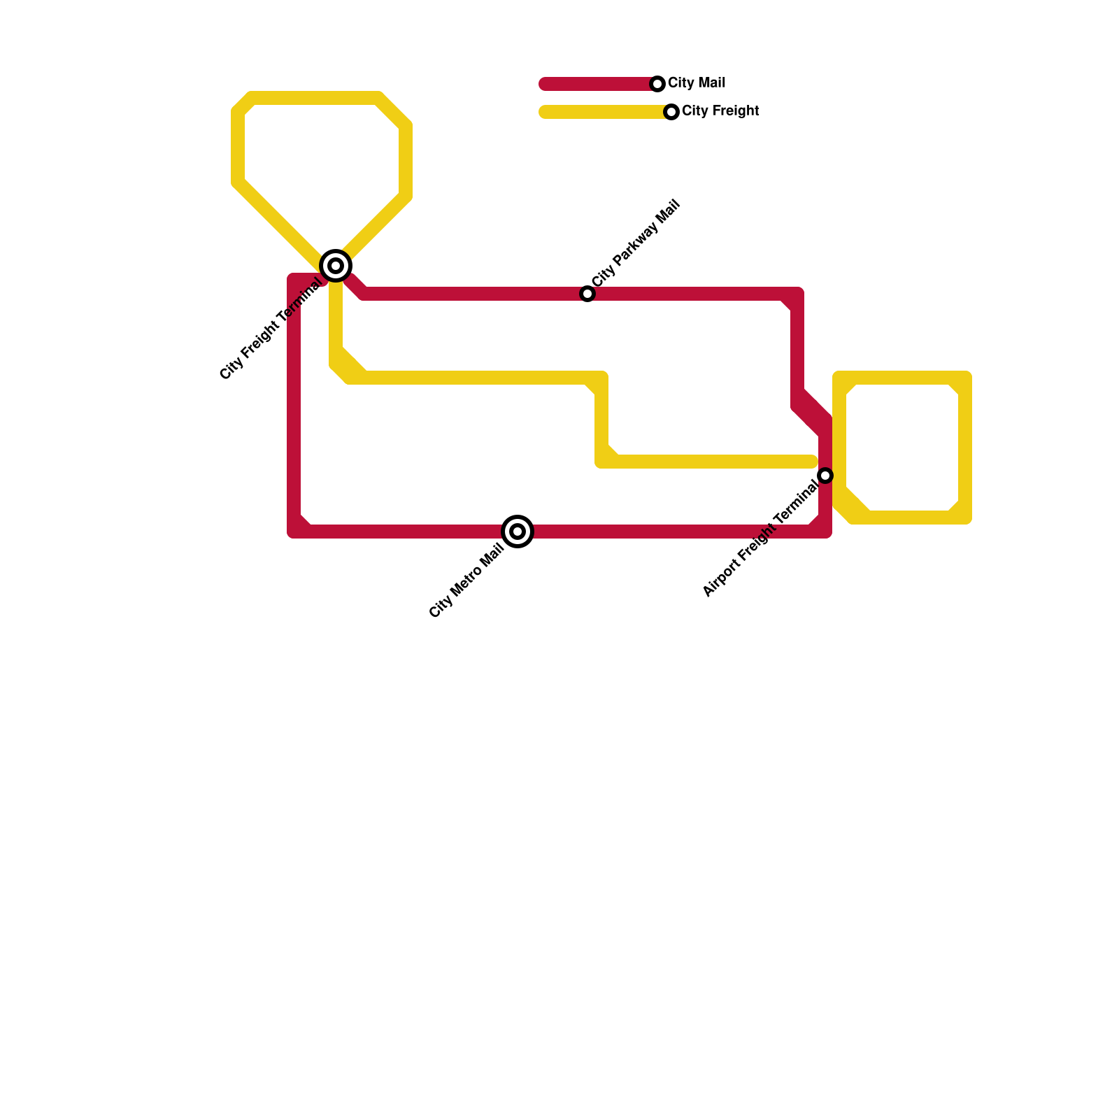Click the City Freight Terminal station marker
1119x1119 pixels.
pos(336,266)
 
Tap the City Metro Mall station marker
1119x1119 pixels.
pos(518,532)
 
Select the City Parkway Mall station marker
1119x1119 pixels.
pos(587,294)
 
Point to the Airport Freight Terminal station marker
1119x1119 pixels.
pos(825,476)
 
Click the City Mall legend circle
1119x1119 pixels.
pos(657,84)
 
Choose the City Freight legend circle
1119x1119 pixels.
pos(671,112)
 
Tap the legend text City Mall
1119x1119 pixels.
pos(697,83)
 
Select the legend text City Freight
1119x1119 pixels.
pos(720,111)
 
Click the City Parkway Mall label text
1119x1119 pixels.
pos(636,243)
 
